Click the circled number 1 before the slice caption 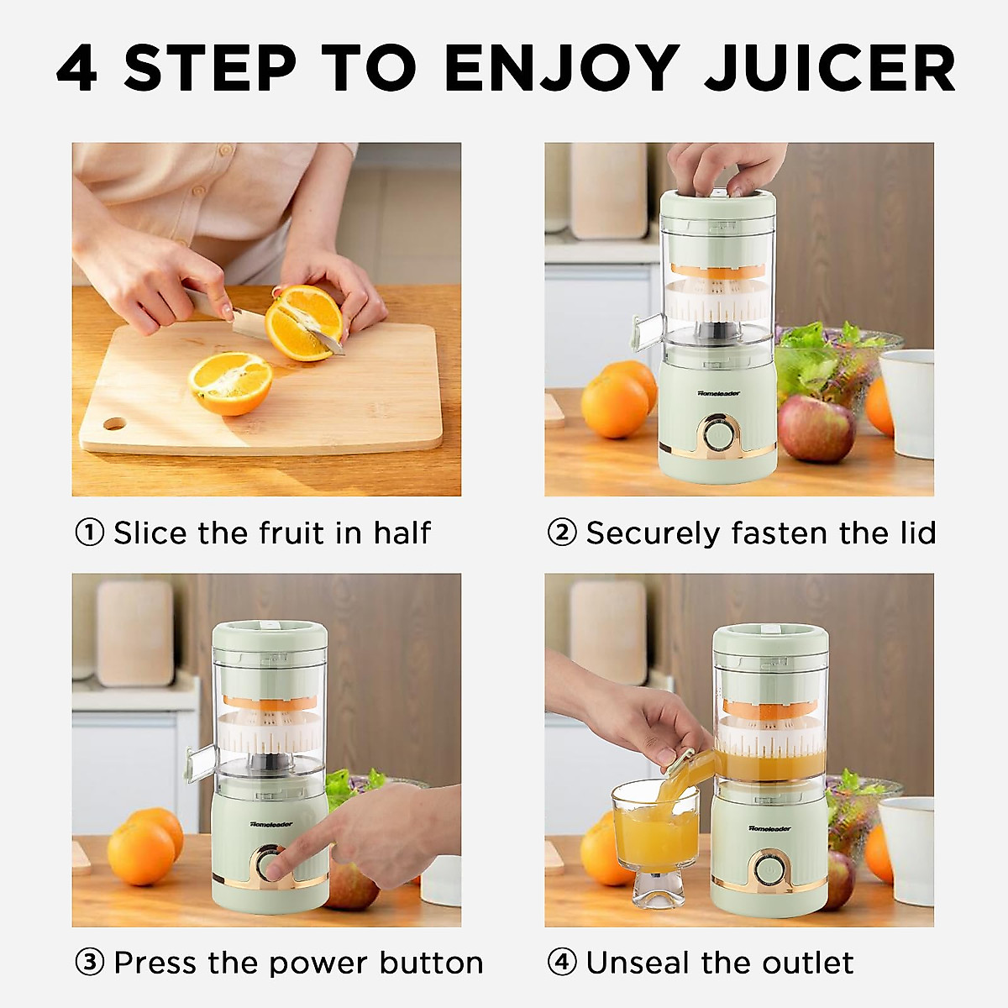tap(90, 533)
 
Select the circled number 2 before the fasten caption tap(562, 533)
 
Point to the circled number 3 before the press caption tap(90, 963)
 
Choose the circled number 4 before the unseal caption tap(562, 963)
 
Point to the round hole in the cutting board tap(115, 423)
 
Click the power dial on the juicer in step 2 tap(717, 434)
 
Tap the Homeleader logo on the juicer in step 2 tap(718, 392)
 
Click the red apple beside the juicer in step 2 tap(815, 428)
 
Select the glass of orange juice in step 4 tap(655, 832)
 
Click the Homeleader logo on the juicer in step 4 tap(769, 828)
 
